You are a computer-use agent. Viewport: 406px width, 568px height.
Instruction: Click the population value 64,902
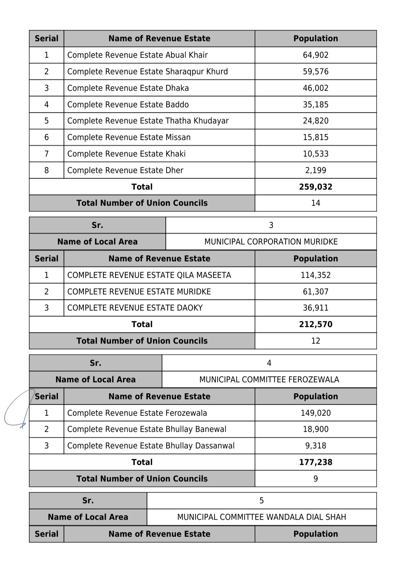(x=315, y=55)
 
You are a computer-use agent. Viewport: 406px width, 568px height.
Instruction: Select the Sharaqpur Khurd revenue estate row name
(x=147, y=71)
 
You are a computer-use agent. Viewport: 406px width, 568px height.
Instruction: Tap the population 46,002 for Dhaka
(x=315, y=88)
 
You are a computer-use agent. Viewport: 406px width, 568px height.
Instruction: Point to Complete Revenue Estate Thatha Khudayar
(x=148, y=121)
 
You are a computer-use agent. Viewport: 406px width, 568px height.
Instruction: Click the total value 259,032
(x=315, y=187)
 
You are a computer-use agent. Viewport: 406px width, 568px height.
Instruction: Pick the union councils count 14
(x=315, y=203)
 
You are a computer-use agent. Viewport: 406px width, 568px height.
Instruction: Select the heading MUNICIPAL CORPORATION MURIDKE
(x=271, y=242)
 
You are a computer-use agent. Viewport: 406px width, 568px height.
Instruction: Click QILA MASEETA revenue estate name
(x=149, y=275)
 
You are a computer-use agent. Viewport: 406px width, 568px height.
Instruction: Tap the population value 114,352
(x=315, y=275)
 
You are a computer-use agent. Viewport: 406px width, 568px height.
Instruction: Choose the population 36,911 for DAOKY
(x=315, y=308)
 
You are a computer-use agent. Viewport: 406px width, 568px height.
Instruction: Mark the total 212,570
(x=315, y=324)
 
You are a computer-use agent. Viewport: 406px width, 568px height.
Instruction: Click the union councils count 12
(x=315, y=341)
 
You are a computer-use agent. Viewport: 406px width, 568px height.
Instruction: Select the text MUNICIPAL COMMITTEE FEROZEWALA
(x=269, y=379)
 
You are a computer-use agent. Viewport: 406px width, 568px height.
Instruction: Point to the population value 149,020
(x=315, y=413)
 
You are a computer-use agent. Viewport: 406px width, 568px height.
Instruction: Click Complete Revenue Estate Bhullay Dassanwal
(x=151, y=446)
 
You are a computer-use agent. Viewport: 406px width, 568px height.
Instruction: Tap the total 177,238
(x=315, y=462)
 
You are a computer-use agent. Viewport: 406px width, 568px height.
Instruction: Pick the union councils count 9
(x=315, y=479)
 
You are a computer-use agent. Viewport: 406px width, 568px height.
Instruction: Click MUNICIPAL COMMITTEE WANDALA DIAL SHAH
(x=261, y=517)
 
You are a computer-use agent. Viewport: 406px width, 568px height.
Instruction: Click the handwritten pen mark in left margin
(x=17, y=409)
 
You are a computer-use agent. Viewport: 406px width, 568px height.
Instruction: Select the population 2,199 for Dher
(x=315, y=170)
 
